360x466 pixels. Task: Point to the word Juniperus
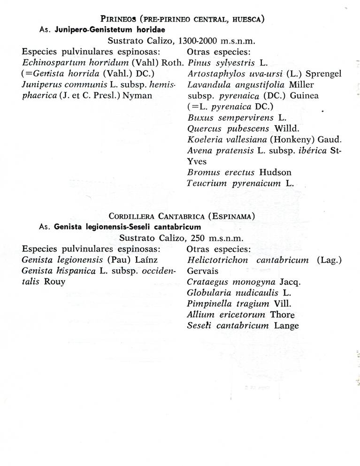pyautogui.click(x=40, y=84)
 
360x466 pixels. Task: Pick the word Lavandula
pyautogui.click(x=206, y=84)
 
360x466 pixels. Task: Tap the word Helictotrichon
pyautogui.click(x=216, y=260)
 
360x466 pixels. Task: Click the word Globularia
pyautogui.click(x=208, y=293)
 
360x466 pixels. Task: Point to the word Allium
pyautogui.click(x=199, y=314)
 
